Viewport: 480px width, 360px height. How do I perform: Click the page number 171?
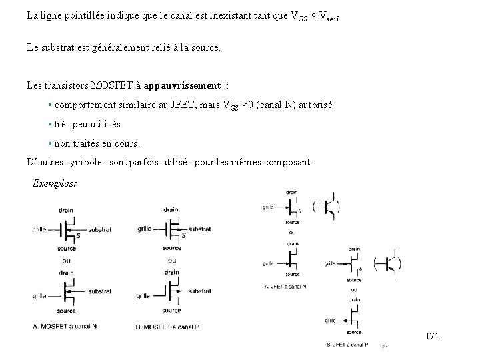click(x=432, y=337)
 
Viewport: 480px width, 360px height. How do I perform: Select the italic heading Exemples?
click(x=54, y=183)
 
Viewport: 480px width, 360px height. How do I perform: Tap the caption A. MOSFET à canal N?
click(x=65, y=326)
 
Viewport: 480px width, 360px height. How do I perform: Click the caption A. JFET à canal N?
click(x=285, y=286)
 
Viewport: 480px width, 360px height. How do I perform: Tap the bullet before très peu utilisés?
click(x=51, y=125)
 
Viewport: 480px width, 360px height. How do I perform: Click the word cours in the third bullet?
click(x=126, y=143)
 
